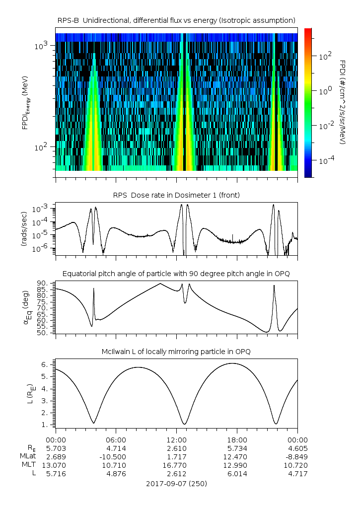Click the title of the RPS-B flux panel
[x=176, y=20]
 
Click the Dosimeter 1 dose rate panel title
[x=176, y=195]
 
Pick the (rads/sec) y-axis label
[x=24, y=229]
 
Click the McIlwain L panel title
[x=176, y=352]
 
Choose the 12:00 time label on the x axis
[x=176, y=439]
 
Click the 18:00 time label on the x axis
[x=237, y=439]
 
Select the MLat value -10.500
[x=116, y=456]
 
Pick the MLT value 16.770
[x=176, y=465]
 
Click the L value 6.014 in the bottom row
[x=237, y=473]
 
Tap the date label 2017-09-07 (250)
[x=176, y=483]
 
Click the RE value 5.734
[x=237, y=448]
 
